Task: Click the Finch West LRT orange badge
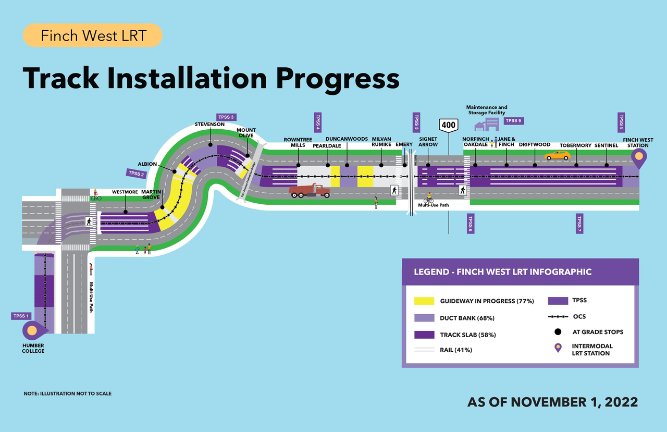[93, 36]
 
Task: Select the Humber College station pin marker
[32, 330]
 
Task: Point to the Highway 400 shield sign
[448, 125]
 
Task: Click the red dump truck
[310, 191]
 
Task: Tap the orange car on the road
[558, 155]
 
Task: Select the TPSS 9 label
[513, 121]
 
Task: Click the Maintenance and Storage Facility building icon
[487, 124]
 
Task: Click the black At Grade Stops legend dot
[558, 332]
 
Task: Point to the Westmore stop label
[125, 192]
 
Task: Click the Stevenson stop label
[209, 125]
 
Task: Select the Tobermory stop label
[575, 145]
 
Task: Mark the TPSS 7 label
[579, 223]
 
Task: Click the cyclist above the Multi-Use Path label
[429, 198]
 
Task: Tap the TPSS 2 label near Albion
[135, 174]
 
